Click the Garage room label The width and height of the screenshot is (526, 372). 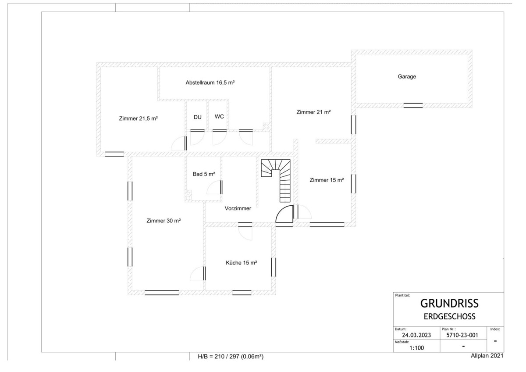pos(407,77)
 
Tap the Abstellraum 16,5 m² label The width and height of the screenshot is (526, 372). pos(210,83)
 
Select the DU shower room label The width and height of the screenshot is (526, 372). pos(198,117)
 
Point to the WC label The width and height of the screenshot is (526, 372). pos(219,117)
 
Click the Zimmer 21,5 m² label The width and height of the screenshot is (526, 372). pos(139,119)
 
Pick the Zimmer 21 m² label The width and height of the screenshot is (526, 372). pos(313,112)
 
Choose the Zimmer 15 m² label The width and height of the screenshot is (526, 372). pos(327,180)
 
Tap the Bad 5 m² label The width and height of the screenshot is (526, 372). pos(204,174)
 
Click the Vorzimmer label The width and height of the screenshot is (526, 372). pos(238,208)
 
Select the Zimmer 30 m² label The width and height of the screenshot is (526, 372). pos(163,221)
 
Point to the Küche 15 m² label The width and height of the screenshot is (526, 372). pos(242,263)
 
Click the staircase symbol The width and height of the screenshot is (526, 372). pos(276,181)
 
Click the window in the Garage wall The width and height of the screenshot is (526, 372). pos(413,106)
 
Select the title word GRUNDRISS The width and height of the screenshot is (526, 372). pos(449,304)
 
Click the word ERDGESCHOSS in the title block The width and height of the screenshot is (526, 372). pos(449,317)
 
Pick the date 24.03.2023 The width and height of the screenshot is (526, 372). pos(416,335)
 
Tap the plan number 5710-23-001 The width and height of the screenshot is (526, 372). pos(462,335)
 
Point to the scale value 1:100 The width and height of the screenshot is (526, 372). pos(416,348)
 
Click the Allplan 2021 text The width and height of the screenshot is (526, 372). pos(487,356)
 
